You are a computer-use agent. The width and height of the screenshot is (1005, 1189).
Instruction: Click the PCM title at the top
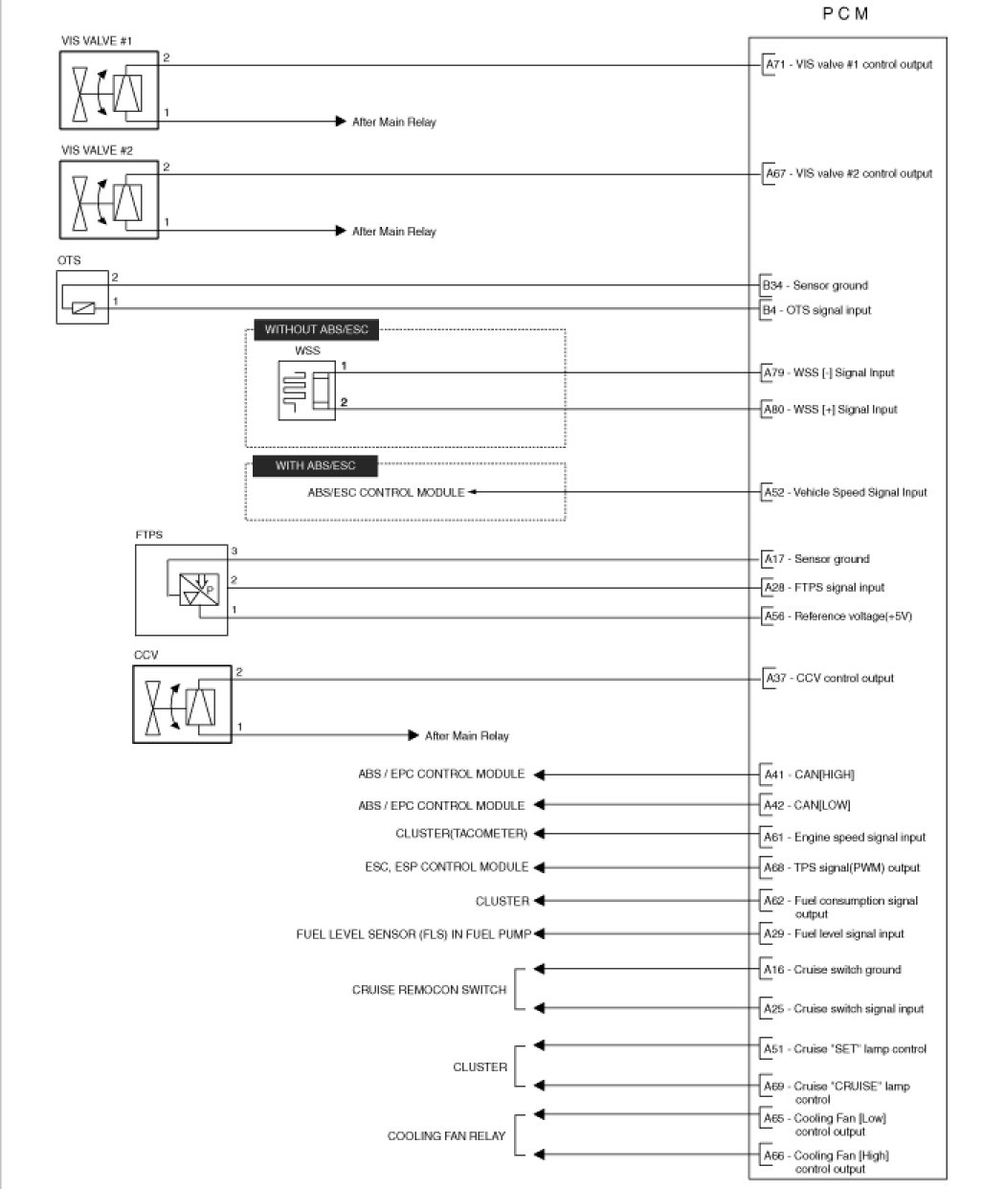[845, 14]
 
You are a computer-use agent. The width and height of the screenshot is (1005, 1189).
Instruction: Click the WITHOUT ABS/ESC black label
[316, 330]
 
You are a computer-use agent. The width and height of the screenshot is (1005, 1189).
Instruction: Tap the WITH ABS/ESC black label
[315, 466]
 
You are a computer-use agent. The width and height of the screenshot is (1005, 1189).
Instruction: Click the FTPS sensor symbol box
[182, 590]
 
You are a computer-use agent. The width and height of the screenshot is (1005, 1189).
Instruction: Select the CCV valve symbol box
[182, 705]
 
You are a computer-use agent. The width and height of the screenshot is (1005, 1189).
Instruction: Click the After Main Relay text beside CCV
[466, 736]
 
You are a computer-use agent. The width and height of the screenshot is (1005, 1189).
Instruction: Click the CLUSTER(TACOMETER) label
[461, 834]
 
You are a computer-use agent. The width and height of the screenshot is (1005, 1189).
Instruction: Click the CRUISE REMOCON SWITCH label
[429, 990]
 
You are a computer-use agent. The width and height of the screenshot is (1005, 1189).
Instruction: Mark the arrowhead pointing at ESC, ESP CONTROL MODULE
[539, 867]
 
